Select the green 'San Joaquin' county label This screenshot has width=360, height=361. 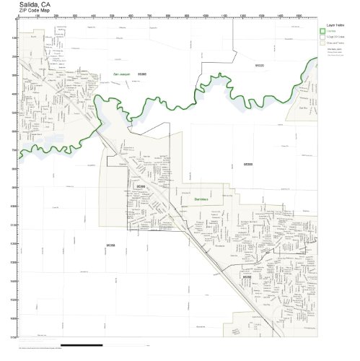point(123,74)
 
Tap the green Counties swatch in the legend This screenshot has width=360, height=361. point(322,32)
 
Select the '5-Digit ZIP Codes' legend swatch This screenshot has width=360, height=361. point(322,38)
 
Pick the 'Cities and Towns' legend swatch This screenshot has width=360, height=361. point(322,43)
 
